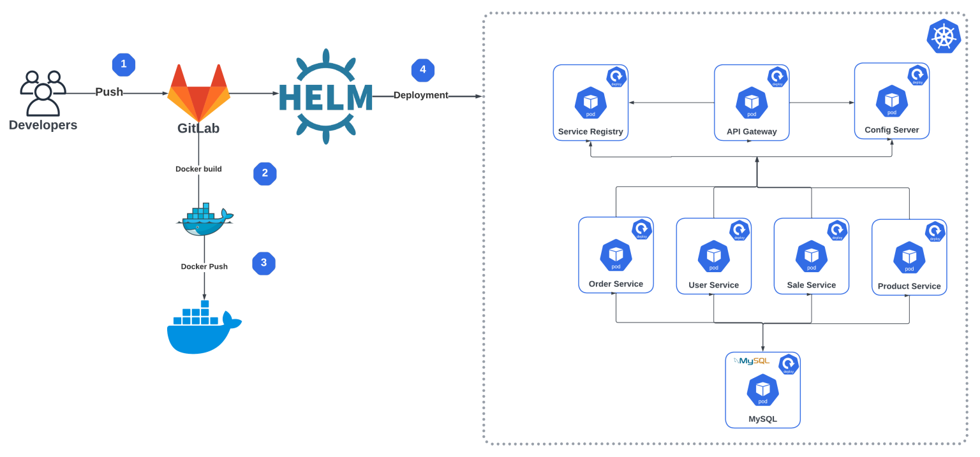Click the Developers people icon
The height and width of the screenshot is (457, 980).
pos(43,93)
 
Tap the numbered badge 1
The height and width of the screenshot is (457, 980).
pos(124,64)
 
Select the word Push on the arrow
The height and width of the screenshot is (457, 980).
pos(109,92)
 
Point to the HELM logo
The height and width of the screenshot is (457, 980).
pos(325,96)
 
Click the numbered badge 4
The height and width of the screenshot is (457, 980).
pos(423,70)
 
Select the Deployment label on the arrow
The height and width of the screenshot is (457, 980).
pos(420,96)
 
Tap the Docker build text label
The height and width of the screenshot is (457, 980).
pos(198,170)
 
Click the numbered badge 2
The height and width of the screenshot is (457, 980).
pos(265,174)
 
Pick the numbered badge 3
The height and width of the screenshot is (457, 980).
pos(264,263)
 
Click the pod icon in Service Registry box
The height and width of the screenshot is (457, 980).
pos(590,103)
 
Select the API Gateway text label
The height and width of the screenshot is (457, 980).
pos(752,132)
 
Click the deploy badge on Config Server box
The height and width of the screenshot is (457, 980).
pos(917,75)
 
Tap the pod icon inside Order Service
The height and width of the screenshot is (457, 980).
pos(616,255)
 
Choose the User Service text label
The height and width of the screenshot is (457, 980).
pos(713,286)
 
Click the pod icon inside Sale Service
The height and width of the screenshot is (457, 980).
pos(811,256)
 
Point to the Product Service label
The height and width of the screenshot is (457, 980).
pos(909,287)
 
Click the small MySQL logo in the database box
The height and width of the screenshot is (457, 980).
pos(752,361)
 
